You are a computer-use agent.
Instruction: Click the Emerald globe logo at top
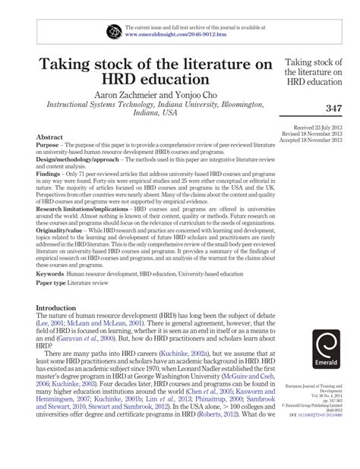point(115,30)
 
